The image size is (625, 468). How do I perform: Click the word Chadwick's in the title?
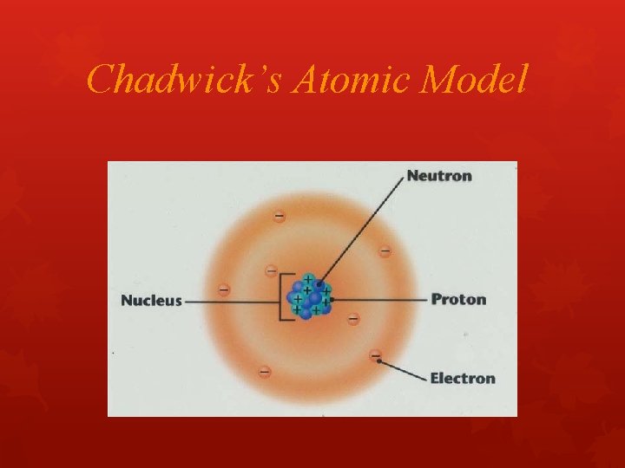click(186, 81)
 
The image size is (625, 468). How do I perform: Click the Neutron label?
click(439, 176)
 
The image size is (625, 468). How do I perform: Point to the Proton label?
click(458, 300)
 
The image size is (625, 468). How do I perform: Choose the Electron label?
click(463, 378)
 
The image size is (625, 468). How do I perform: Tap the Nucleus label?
click(151, 301)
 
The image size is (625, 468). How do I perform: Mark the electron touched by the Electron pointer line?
click(375, 355)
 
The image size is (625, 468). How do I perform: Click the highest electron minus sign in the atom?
click(279, 216)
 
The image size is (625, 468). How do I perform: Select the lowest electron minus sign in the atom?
click(264, 373)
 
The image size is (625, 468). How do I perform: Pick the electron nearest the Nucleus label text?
click(224, 289)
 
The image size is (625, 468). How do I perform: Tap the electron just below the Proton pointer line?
click(353, 319)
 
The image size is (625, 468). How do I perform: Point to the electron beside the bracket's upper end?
click(271, 271)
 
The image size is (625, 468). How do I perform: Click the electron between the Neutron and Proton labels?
click(385, 251)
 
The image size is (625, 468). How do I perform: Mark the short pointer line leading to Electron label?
click(403, 367)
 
